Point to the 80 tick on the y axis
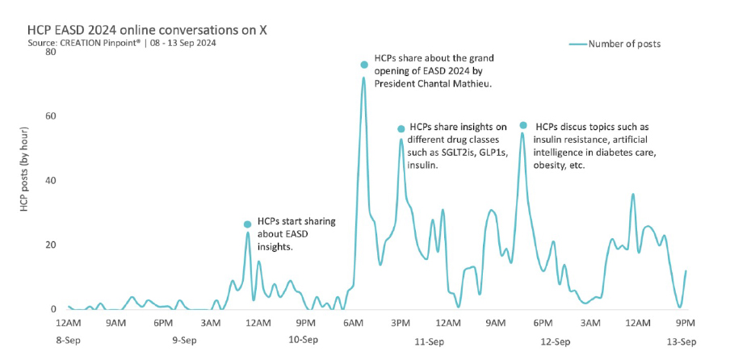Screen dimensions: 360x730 [50, 52]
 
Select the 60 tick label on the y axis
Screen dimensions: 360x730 [50, 116]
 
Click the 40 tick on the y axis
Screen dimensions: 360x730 [50, 180]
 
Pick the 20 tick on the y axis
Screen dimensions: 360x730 [50, 245]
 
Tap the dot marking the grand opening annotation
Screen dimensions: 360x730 [364, 64]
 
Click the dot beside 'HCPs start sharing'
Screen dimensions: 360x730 [247, 224]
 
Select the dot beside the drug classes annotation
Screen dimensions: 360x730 [401, 129]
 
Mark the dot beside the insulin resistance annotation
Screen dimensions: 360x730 [523, 125]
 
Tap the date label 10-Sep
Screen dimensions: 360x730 [304, 341]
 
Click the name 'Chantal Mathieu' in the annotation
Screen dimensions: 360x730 [453, 84]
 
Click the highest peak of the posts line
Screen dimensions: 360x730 [363, 77]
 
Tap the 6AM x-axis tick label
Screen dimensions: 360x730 [354, 323]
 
